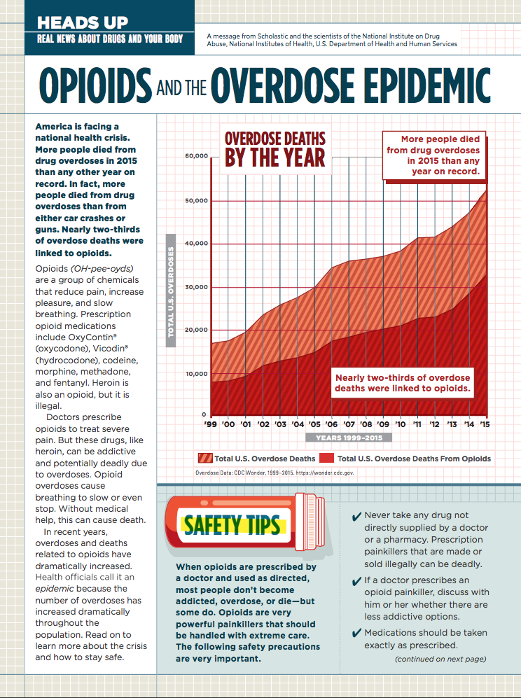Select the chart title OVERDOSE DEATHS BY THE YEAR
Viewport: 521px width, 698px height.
coord(275,148)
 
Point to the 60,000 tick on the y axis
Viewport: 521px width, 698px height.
coord(196,155)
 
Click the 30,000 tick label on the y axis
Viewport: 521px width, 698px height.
coord(196,286)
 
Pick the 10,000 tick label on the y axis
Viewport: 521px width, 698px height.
coord(196,373)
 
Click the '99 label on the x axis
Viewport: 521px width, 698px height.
coord(210,424)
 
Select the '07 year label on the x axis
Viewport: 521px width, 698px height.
coord(348,424)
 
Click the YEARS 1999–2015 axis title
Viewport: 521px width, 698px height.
coord(349,438)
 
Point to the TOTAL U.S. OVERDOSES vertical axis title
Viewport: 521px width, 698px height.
coord(170,286)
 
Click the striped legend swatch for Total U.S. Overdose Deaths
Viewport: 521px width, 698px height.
coord(205,459)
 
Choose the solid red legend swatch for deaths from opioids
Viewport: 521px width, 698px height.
coord(326,459)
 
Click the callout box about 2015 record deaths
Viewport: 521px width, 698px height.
coord(433,155)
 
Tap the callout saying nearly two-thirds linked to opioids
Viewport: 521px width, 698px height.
coord(402,382)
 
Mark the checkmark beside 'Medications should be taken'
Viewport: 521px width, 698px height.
coord(355,633)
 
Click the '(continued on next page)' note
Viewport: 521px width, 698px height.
coord(440,659)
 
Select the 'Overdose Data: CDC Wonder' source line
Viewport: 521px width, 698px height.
coord(275,473)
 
